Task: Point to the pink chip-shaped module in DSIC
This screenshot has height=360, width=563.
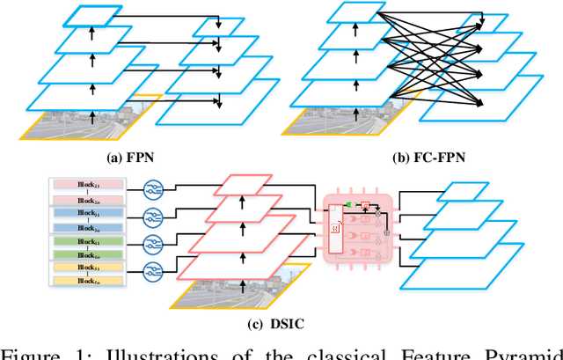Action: click(356, 227)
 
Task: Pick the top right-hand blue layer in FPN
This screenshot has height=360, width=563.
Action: click(216, 26)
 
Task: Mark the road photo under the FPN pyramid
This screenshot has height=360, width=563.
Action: click(88, 123)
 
